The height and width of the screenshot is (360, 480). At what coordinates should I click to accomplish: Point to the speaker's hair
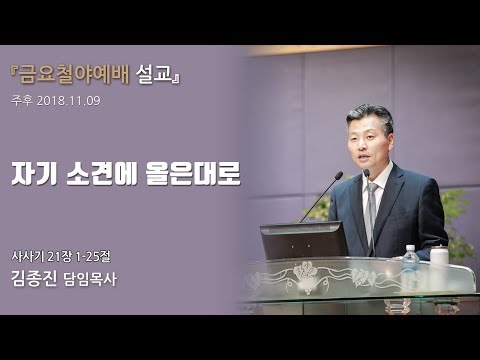click(x=371, y=115)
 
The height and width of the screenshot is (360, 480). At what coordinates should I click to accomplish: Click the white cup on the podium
click(x=439, y=255)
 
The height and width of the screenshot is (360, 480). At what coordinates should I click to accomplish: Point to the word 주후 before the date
click(x=21, y=100)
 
